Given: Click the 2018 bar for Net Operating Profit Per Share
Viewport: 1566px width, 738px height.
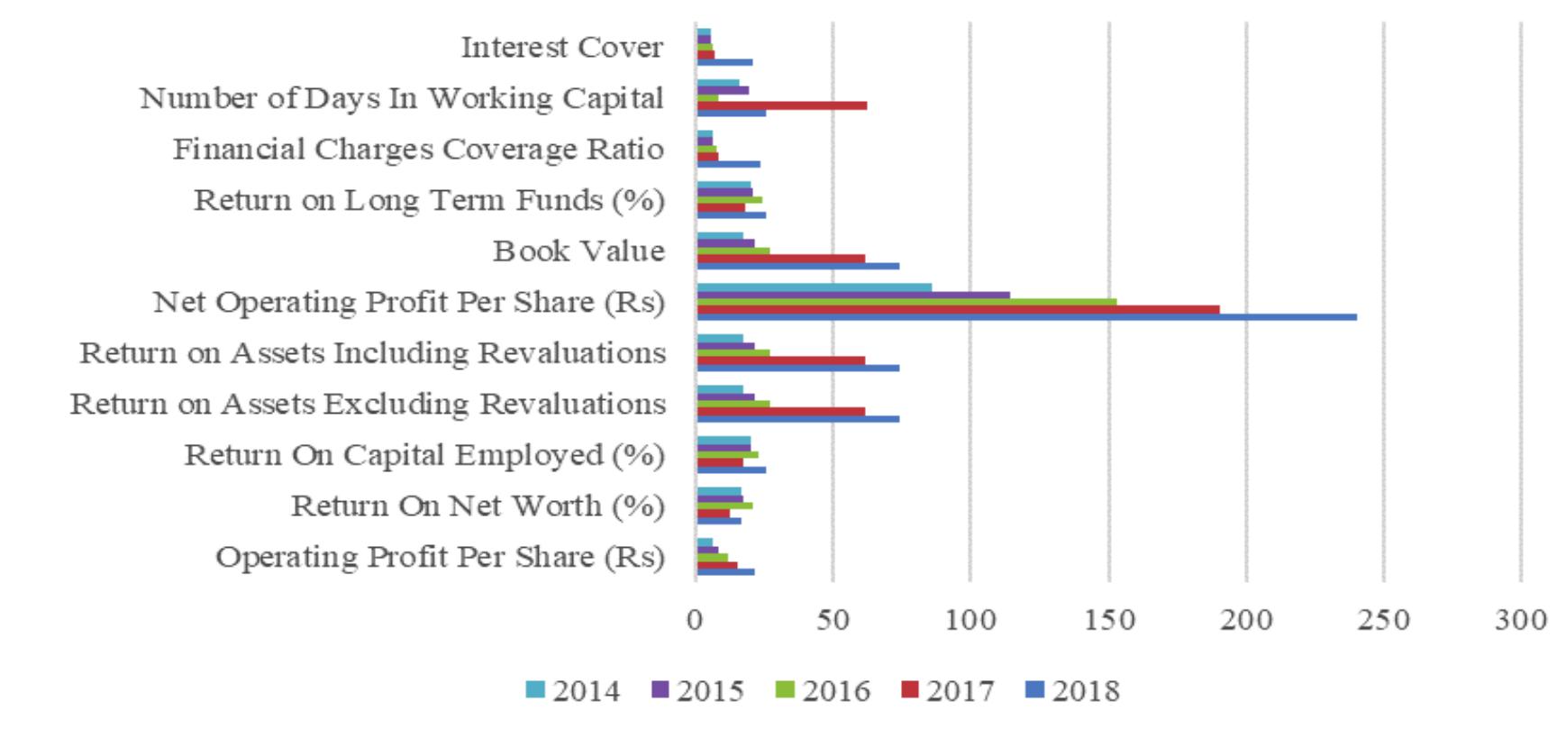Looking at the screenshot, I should click(x=1026, y=317).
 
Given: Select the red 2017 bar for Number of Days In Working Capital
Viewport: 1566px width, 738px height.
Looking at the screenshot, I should click(x=781, y=105).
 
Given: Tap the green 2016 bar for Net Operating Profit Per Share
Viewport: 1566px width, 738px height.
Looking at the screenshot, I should click(x=906, y=302).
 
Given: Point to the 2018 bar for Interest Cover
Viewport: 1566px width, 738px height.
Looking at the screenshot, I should click(x=724, y=62).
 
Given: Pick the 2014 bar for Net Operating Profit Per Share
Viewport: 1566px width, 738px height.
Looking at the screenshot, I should click(x=814, y=287).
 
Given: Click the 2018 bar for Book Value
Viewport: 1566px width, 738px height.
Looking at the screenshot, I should click(x=797, y=266).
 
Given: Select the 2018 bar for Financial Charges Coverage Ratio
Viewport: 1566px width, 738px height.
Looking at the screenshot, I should click(x=728, y=164).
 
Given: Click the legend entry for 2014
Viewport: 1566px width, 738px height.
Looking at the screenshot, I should click(x=574, y=691).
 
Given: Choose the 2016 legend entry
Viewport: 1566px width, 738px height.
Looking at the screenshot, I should click(x=824, y=691).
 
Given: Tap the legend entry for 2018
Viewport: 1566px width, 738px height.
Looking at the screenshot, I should click(x=1073, y=691).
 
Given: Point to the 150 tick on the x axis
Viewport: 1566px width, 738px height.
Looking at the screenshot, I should click(x=1108, y=620).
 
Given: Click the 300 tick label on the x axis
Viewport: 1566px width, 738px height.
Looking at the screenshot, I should click(x=1520, y=620).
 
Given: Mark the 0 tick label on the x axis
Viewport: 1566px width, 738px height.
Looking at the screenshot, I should click(x=695, y=620).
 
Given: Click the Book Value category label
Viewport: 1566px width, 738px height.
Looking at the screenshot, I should click(x=578, y=251).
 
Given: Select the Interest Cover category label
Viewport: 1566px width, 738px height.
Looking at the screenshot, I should click(x=562, y=47).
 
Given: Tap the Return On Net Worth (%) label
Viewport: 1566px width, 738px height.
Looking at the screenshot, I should click(x=478, y=506).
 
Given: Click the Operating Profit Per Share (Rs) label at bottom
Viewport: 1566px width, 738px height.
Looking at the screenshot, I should click(x=440, y=557).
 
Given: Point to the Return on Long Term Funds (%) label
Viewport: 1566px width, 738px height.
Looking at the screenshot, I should click(x=429, y=200).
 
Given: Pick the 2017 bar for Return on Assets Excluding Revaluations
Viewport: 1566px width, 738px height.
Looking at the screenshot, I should click(x=780, y=412).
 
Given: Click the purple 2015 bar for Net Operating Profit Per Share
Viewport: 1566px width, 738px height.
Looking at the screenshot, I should click(x=852, y=295).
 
